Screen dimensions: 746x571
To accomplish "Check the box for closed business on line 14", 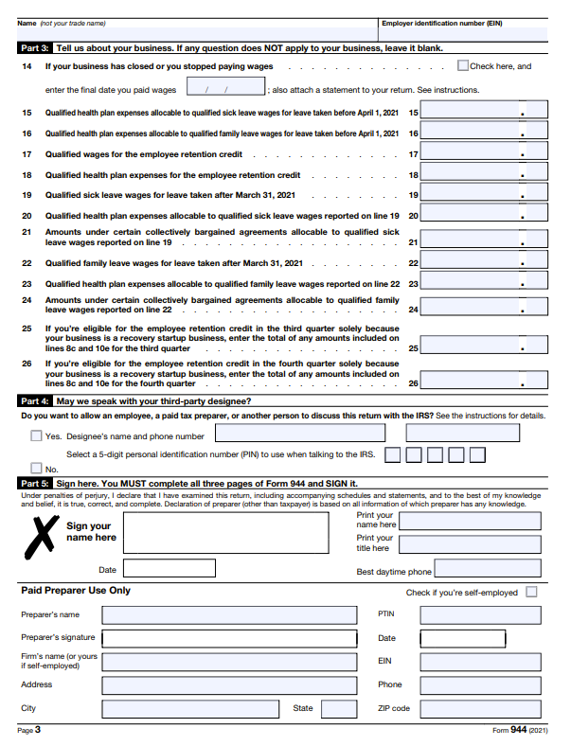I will [x=463, y=66].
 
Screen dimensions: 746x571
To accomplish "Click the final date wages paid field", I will [x=225, y=89].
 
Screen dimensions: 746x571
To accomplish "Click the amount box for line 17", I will [x=485, y=154].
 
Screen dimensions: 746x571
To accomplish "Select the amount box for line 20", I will [x=485, y=216].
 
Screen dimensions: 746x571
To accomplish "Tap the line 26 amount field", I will [x=485, y=380].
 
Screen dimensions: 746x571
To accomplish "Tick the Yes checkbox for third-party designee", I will [x=36, y=436].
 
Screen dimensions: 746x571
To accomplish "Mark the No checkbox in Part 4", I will [x=36, y=469].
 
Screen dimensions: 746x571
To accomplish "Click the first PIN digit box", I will [x=391, y=455].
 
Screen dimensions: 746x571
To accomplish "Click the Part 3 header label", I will [x=35, y=47].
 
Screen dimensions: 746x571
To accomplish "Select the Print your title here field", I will [x=470, y=544].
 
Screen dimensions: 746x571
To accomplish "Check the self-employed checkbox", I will [x=531, y=593].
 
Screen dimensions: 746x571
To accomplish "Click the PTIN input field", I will [x=480, y=614].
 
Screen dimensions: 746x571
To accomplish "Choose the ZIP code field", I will [x=480, y=708].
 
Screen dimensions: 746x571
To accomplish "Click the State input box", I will [x=338, y=708].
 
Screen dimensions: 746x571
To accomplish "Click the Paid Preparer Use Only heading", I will [x=76, y=591].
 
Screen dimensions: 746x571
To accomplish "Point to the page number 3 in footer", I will [x=38, y=731].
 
